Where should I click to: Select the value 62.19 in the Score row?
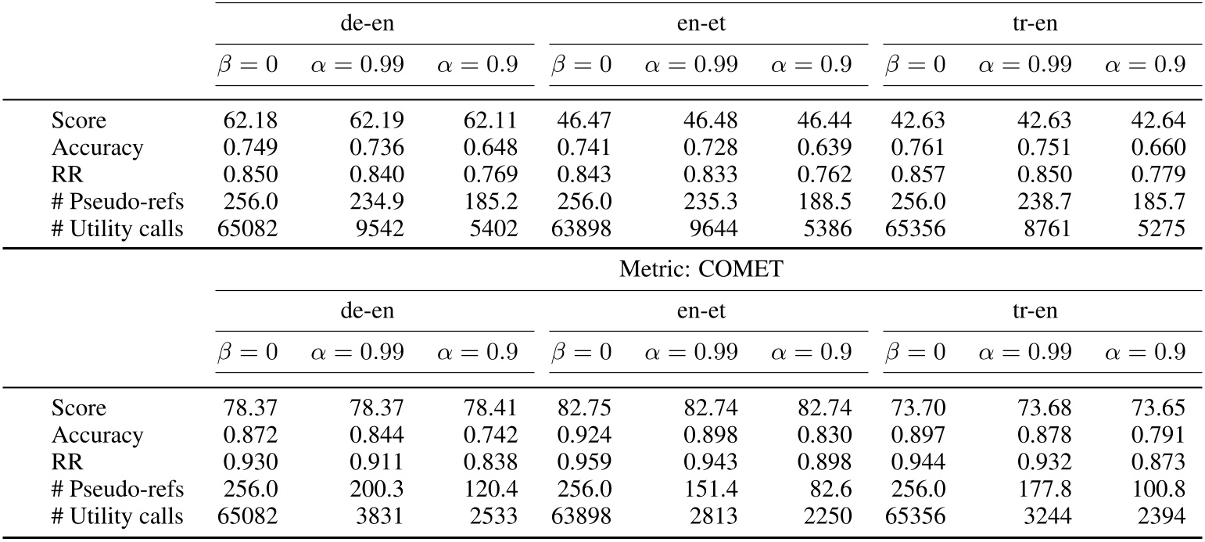coord(378,121)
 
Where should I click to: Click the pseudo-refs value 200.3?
coord(378,489)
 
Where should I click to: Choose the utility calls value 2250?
coord(831,515)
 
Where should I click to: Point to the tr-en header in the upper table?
coord(1042,23)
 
